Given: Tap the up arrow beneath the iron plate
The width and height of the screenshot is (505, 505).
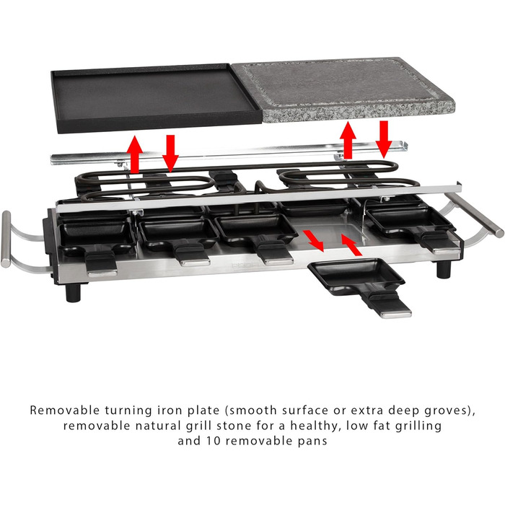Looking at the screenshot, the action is pos(135,154).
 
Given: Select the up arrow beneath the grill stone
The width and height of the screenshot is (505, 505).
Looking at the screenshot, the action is pos(348,140).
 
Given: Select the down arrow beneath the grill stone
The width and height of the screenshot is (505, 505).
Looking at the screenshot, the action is pos(384,139).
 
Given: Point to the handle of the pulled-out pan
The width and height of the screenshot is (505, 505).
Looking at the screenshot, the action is pos(388,304).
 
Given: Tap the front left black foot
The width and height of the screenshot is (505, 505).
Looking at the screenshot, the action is pos(73,292).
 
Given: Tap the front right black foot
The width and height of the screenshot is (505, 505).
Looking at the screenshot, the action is pos(444,269).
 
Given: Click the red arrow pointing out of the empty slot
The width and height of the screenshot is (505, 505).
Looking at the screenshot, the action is pos(313,241).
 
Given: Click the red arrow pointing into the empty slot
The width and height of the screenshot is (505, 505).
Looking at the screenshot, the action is pos(352,245).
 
